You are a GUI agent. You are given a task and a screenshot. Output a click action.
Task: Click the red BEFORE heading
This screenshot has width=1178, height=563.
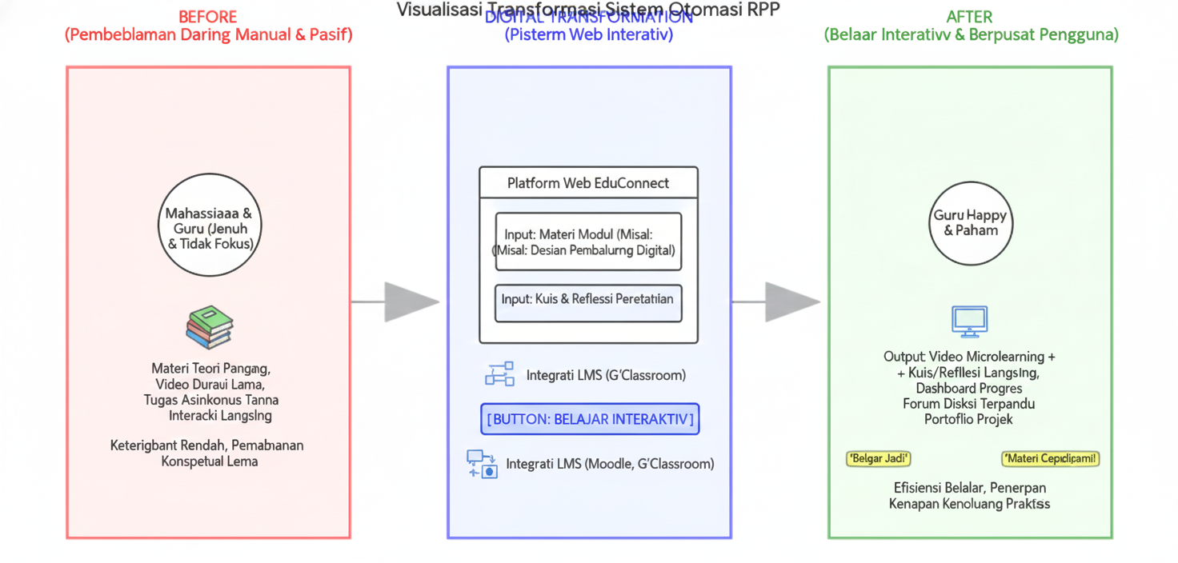207,16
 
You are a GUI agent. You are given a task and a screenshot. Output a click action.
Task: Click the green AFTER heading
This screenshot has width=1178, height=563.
969,16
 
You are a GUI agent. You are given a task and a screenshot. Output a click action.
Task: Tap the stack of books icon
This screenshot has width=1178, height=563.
210,327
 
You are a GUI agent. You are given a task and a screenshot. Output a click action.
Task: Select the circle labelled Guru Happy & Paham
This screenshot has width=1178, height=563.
970,223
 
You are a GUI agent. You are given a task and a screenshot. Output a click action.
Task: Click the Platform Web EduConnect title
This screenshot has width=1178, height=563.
588,183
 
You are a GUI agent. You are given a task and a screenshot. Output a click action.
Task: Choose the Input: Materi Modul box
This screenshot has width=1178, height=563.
588,242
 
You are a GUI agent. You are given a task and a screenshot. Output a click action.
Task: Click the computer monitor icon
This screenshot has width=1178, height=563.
970,321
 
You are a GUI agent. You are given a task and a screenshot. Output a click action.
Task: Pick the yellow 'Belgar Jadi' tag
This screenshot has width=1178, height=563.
878,458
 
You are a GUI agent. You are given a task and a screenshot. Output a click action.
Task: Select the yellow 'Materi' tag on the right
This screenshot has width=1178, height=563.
1050,458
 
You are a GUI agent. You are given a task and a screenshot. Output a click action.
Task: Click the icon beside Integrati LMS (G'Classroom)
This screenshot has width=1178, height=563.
499,374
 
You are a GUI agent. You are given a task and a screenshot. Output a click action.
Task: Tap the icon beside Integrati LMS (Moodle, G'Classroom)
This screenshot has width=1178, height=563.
483,464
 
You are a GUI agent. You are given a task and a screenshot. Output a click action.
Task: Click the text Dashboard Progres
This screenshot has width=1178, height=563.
969,388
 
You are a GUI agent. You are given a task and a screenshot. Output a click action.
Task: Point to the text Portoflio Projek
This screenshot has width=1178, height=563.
968,419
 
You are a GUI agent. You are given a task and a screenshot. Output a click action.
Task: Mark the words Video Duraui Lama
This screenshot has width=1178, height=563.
210,384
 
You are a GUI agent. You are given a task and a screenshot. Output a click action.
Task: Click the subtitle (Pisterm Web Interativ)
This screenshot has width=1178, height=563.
588,35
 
